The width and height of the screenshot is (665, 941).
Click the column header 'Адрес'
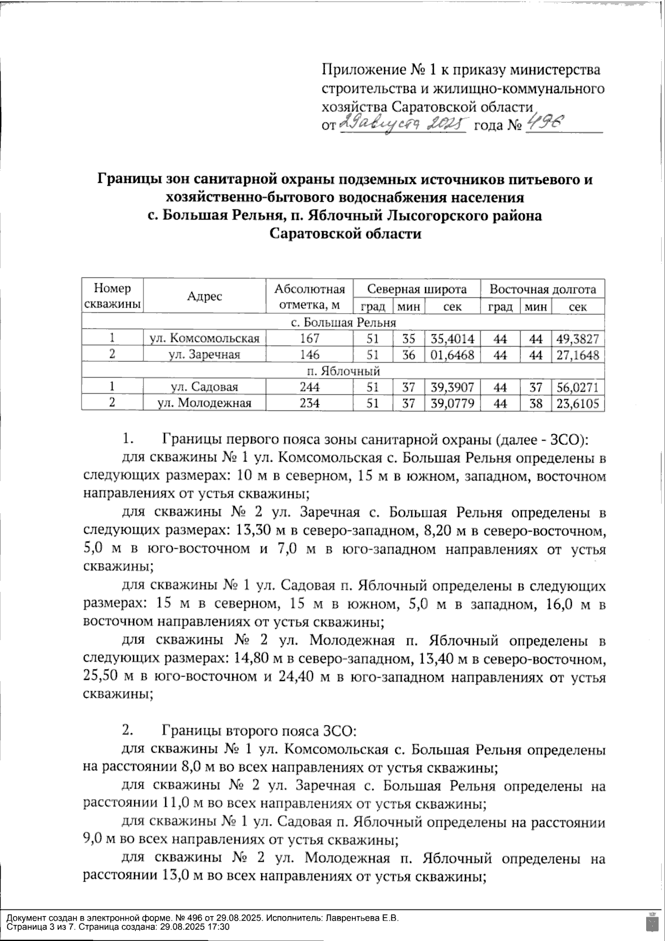[204, 296]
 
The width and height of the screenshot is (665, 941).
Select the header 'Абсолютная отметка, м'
[310, 296]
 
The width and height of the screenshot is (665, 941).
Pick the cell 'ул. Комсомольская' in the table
[204, 338]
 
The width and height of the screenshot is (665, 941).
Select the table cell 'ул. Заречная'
[204, 355]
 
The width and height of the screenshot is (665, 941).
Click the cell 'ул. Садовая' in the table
[204, 387]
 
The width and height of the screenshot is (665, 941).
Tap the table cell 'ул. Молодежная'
[204, 403]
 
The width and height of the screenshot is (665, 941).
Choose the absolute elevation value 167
[310, 338]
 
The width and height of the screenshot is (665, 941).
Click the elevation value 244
[310, 387]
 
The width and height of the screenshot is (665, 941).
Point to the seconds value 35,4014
[453, 338]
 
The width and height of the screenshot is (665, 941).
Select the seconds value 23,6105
[578, 403]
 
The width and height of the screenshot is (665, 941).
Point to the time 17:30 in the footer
[218, 927]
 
